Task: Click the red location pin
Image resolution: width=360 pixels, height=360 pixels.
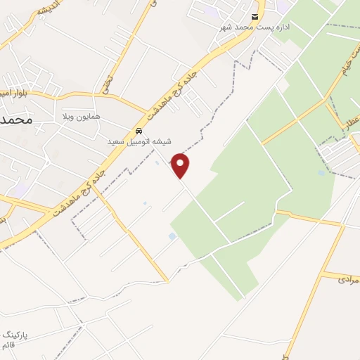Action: tap(180, 165)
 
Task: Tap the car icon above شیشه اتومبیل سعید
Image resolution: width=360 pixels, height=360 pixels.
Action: tap(139, 131)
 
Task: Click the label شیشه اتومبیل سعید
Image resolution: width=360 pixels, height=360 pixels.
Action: tap(139, 141)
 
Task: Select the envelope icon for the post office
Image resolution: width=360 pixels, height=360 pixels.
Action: tap(255, 16)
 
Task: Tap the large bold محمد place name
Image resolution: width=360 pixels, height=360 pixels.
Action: tap(16, 120)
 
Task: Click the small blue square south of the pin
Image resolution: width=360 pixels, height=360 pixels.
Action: tap(172, 236)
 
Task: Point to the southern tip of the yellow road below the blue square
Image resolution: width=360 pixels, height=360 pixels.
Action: tap(167, 281)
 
